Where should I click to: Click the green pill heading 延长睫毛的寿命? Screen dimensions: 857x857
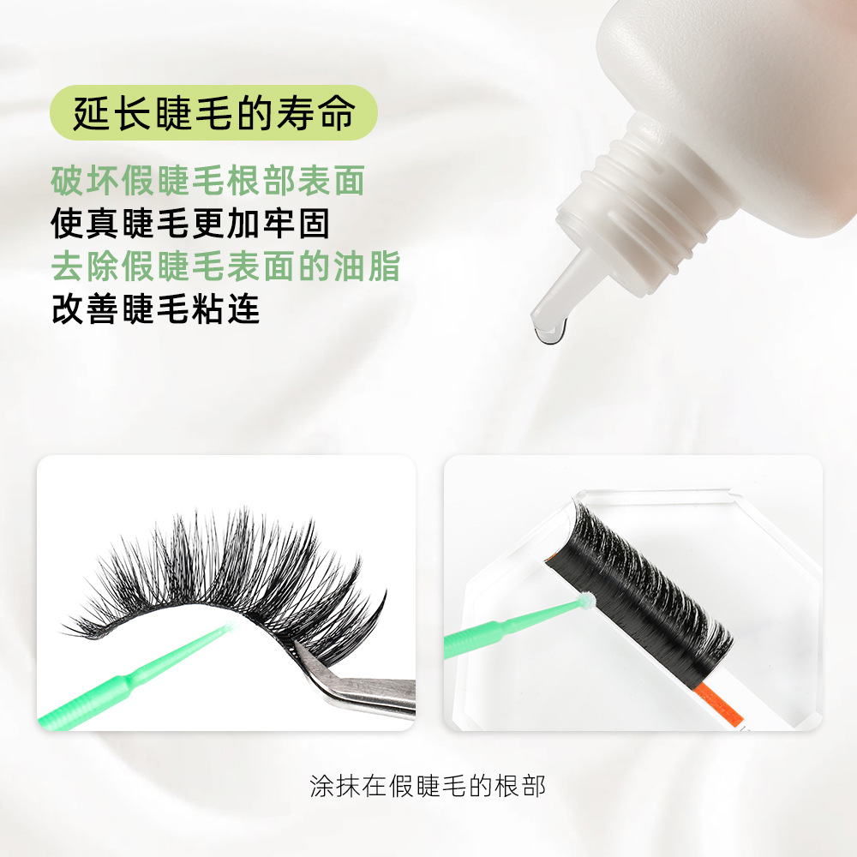(x=213, y=112)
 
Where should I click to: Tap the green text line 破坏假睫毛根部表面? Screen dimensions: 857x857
(x=207, y=180)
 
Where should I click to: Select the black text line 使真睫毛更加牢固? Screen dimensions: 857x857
(x=190, y=223)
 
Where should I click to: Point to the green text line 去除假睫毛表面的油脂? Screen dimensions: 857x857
(x=225, y=266)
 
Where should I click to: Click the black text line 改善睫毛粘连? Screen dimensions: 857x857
(x=156, y=309)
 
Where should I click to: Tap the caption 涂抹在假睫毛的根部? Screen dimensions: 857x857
(x=428, y=787)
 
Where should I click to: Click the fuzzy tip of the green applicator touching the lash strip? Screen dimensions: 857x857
(x=588, y=600)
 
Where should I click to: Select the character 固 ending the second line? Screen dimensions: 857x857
(x=314, y=223)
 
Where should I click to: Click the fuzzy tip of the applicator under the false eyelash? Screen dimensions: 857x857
(x=229, y=627)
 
